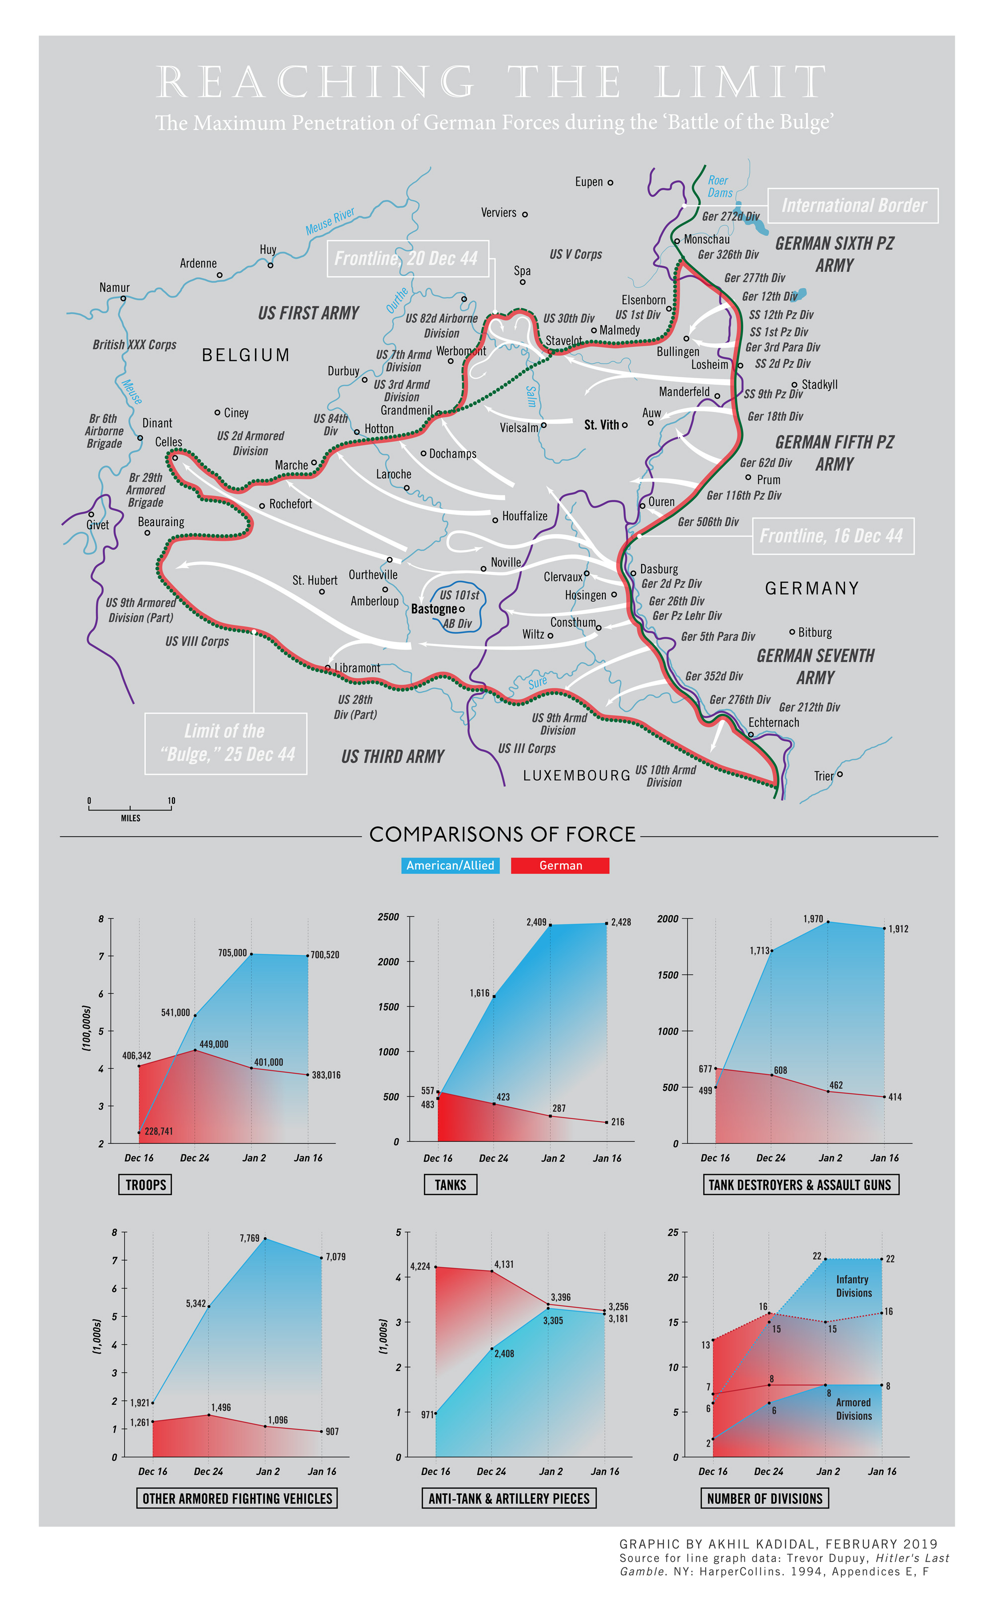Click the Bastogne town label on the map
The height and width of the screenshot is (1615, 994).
pos(434,609)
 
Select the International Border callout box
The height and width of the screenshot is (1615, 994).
pos(853,206)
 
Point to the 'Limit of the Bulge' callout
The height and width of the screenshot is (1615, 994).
pos(226,743)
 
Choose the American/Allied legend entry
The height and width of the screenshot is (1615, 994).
pos(450,865)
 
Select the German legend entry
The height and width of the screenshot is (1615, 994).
pos(560,865)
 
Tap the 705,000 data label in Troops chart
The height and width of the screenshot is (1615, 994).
pos(232,953)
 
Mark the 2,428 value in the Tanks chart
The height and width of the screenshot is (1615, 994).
pos(621,922)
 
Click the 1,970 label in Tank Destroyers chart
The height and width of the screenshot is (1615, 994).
pos(813,918)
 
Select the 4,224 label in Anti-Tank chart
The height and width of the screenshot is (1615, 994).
pos(420,1266)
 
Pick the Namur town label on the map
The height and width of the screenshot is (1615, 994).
pos(114,287)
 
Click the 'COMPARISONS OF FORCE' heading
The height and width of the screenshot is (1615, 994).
pos(502,834)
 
